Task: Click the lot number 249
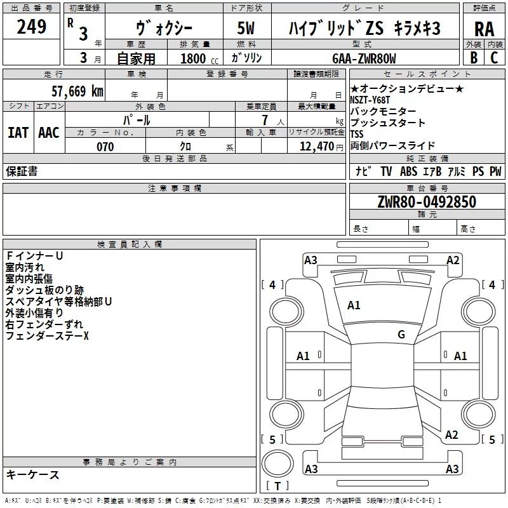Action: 31,27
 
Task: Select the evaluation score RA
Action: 484,29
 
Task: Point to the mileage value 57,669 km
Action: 76,91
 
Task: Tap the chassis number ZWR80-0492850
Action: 427,202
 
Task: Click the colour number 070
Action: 105,147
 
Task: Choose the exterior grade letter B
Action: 473,57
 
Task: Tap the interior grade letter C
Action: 494,57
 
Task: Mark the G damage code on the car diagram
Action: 401,335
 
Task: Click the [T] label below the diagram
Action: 277,486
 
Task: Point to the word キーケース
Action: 32,474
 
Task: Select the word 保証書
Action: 22,171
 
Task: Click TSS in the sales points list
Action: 358,134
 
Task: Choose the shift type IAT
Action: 18,132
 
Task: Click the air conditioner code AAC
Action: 48,132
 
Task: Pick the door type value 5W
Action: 246,29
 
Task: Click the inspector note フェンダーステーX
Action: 48,335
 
